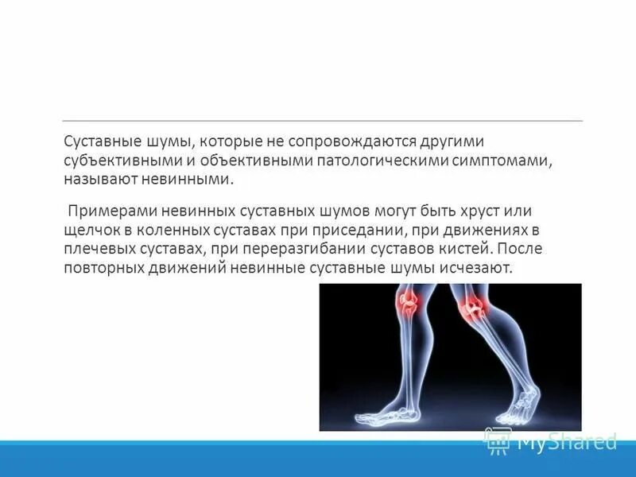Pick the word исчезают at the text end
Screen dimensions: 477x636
[477, 269]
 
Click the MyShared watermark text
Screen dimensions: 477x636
[566, 440]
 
